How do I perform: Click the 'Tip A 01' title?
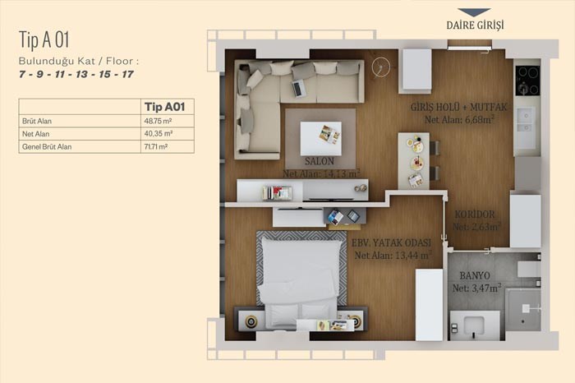pyautogui.click(x=44, y=39)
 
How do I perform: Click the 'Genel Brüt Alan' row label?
pyautogui.click(x=47, y=147)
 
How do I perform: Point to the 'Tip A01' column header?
pyautogui.click(x=164, y=107)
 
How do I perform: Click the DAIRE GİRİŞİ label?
pyautogui.click(x=475, y=25)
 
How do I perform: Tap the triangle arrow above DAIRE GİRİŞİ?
pyautogui.click(x=474, y=12)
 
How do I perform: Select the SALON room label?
pyautogui.click(x=320, y=161)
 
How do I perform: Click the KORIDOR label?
pyautogui.click(x=475, y=215)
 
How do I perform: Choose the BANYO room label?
pyautogui.click(x=475, y=275)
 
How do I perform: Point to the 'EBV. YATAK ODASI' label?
pyautogui.click(x=391, y=242)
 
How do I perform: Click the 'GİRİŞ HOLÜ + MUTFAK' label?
pyautogui.click(x=458, y=107)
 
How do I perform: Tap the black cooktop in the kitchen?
pyautogui.click(x=527, y=80)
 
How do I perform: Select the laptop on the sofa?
pyautogui.click(x=299, y=88)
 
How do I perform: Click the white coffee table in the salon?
pyautogui.click(x=321, y=139)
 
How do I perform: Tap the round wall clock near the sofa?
pyautogui.click(x=380, y=67)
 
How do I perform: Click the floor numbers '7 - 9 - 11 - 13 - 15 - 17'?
pyautogui.click(x=76, y=75)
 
